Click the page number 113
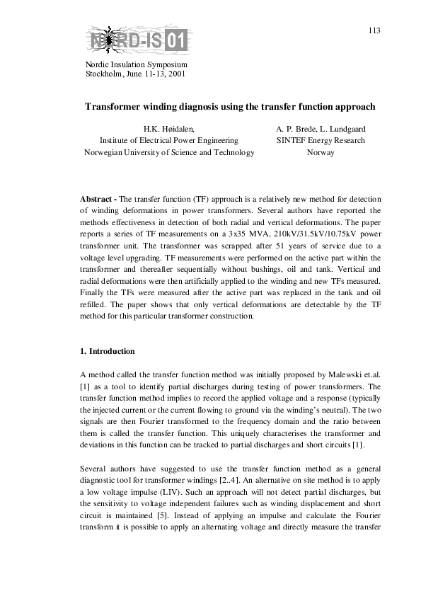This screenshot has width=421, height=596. [x=374, y=30]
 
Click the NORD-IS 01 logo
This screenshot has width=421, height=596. [x=139, y=41]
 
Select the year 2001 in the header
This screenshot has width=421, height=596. [x=177, y=73]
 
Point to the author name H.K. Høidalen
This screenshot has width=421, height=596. [x=168, y=129]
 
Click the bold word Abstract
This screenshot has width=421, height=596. [x=98, y=199]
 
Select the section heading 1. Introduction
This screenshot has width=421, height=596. [x=108, y=352]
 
